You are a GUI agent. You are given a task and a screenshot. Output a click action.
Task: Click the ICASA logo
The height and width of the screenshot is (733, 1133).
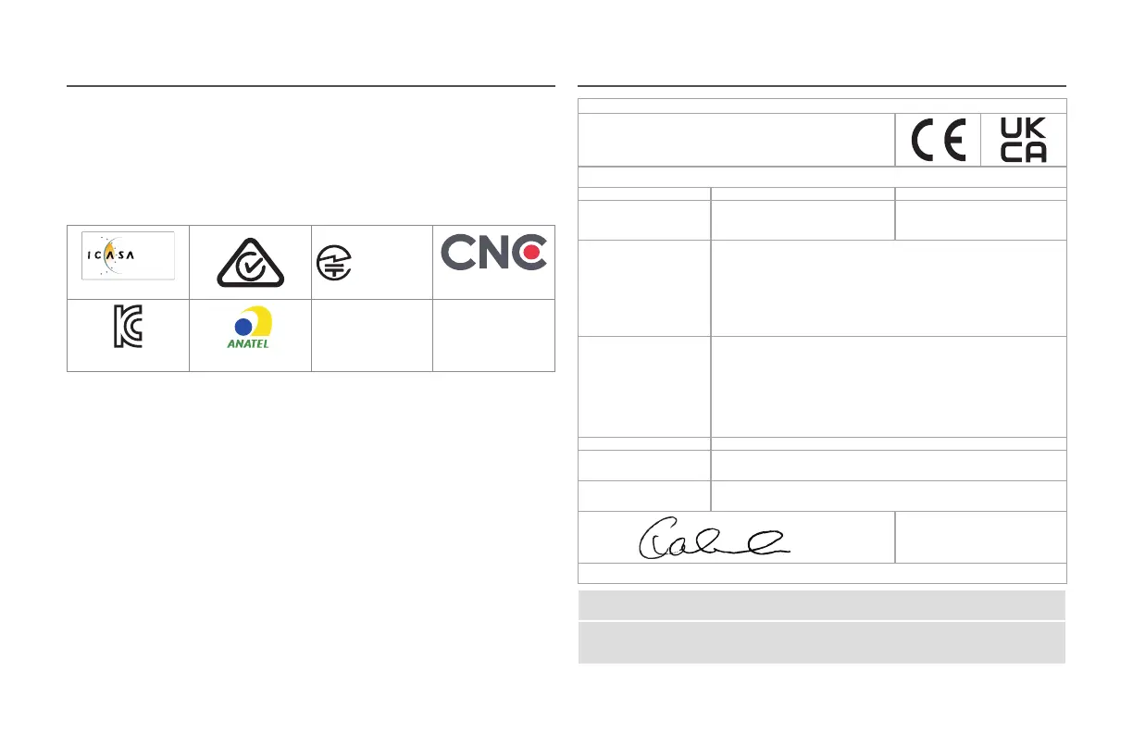[x=127, y=255]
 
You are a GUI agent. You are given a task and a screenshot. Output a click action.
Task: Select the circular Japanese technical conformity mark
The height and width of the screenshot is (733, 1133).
[x=332, y=262]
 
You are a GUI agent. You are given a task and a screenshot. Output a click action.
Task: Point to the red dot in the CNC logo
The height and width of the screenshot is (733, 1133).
[x=531, y=253]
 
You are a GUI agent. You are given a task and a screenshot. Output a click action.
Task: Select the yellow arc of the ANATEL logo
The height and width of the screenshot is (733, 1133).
[x=261, y=322]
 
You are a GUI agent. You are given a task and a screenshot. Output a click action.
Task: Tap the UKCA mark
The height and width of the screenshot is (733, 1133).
[x=1023, y=141]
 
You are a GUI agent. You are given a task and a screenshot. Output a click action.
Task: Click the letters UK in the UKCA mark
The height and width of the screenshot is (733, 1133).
[x=1023, y=129]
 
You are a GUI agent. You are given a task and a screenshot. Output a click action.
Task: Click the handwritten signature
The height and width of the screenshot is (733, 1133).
[x=712, y=539]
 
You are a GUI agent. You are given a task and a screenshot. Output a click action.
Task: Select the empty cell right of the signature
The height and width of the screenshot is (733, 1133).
[x=980, y=537]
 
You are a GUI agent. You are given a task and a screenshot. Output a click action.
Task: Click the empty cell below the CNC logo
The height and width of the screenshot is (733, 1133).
[x=493, y=335]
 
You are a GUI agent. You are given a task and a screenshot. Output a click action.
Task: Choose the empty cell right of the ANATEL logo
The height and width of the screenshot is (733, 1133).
[x=371, y=335]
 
